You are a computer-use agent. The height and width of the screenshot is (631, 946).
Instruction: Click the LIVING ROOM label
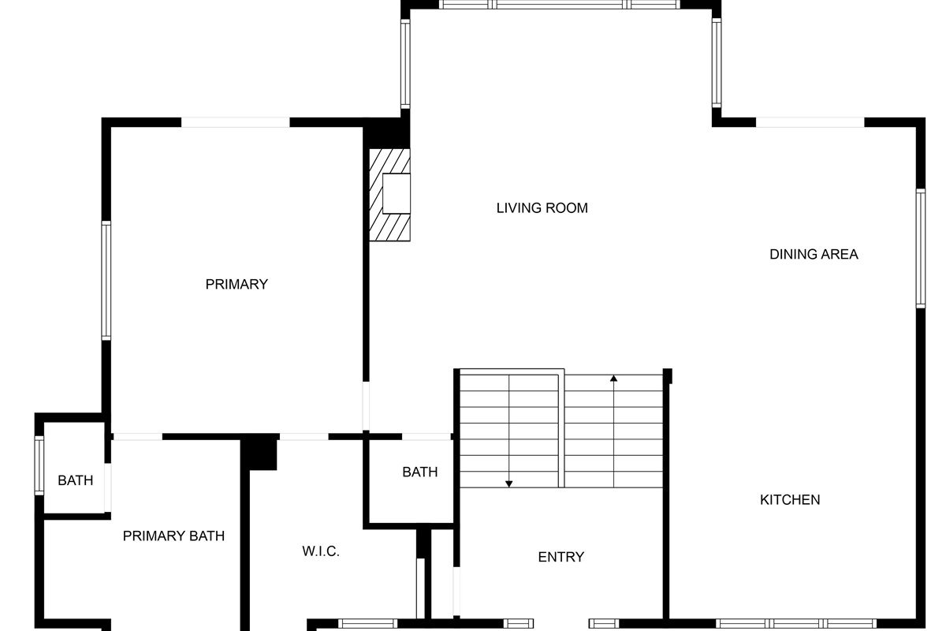coord(542,208)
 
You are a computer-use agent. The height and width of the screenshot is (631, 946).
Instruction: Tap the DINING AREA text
coord(814,254)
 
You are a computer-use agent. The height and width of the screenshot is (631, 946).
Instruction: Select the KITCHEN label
coord(790,499)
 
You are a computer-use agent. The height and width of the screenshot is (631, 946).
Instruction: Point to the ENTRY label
coord(561,557)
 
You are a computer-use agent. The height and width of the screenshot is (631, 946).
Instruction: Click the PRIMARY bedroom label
coord(236,284)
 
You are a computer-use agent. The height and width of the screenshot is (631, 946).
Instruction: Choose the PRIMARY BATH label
coord(173,536)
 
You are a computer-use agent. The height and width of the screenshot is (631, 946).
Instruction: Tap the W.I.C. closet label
coord(321,551)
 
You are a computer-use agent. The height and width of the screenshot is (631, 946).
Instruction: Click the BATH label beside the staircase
coord(420,472)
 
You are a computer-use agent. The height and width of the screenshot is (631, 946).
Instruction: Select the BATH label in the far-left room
coord(76,480)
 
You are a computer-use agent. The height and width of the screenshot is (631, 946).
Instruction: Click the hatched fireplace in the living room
coord(389,194)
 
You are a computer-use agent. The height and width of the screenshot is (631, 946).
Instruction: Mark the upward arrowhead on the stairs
coord(613,379)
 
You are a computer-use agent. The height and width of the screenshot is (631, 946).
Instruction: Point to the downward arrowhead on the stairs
coord(509,483)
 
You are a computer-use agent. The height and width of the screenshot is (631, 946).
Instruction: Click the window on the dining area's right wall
coord(920,248)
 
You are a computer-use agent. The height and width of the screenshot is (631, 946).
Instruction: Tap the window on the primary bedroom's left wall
coord(106,281)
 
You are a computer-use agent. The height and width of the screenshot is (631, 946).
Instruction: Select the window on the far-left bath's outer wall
coord(39,466)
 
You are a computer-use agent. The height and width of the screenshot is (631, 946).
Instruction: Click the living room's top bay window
coord(560,5)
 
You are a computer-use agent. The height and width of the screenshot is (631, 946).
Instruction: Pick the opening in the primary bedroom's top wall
coord(236,122)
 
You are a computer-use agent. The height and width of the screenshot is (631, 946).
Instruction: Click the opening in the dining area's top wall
coord(810,122)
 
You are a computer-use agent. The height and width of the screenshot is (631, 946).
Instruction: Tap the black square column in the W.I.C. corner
coord(259,452)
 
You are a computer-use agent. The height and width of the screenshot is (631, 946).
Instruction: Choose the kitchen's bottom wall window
coord(796,624)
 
